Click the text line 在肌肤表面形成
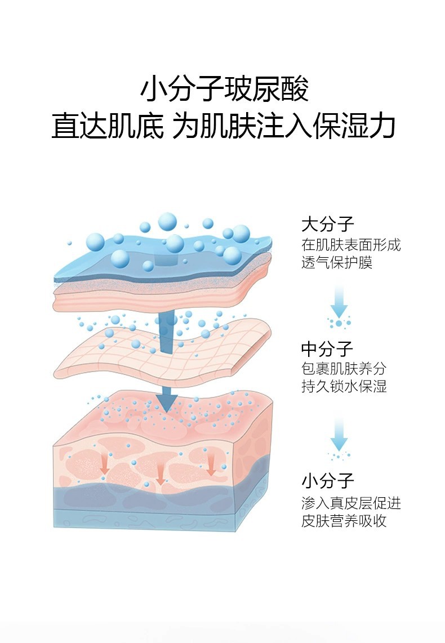[350, 245]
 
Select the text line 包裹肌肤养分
[344, 369]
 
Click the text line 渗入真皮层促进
[350, 503]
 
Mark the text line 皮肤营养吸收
[344, 521]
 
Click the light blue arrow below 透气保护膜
[339, 302]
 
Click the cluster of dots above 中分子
[339, 323]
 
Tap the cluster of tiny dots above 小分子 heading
[339, 455]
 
